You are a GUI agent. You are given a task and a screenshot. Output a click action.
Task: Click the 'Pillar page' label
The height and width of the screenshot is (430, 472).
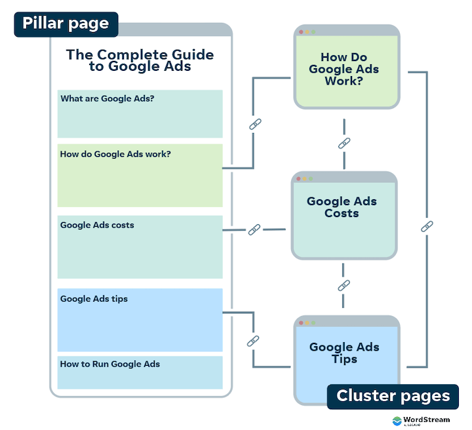[66, 24]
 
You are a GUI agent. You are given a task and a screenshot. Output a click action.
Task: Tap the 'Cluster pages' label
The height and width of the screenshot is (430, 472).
[393, 396]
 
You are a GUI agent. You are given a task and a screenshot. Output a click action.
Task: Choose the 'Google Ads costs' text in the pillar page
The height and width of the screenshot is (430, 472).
[97, 225]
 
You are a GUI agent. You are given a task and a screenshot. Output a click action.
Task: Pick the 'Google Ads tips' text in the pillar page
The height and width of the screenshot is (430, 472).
[94, 299]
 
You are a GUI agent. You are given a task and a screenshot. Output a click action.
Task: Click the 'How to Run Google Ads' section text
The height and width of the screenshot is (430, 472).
[109, 364]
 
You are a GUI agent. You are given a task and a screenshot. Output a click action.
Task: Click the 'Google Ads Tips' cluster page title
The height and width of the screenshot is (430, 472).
[344, 353]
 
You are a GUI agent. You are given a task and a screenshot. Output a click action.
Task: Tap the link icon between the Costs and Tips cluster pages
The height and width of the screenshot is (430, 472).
[344, 286]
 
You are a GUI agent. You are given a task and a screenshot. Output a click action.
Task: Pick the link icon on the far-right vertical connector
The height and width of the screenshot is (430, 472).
[427, 226]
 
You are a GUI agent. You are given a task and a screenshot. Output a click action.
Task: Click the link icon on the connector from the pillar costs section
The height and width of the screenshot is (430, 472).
[254, 229]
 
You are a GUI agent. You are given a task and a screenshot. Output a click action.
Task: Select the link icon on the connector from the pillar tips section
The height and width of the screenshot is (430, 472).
[253, 341]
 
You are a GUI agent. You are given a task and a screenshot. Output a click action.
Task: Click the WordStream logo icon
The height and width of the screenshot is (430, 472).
[398, 421]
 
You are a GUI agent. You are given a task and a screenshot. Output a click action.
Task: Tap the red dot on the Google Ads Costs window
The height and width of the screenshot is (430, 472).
[301, 178]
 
